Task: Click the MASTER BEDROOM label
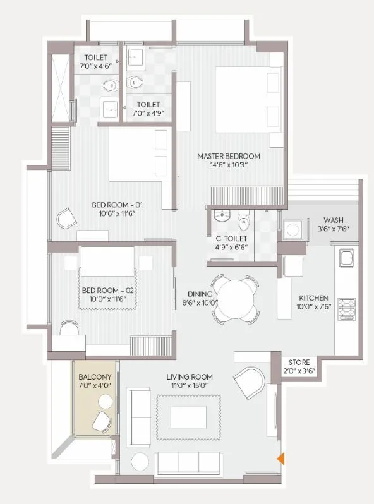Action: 228,156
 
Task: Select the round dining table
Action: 233,297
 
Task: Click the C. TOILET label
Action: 231,239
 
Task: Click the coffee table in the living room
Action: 188,416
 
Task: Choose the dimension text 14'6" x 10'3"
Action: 228,165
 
